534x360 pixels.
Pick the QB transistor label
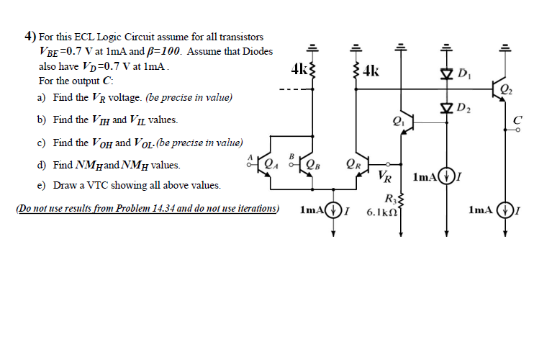click(312, 161)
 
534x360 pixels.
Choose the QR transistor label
click(353, 161)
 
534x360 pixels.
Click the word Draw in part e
click(66, 186)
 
